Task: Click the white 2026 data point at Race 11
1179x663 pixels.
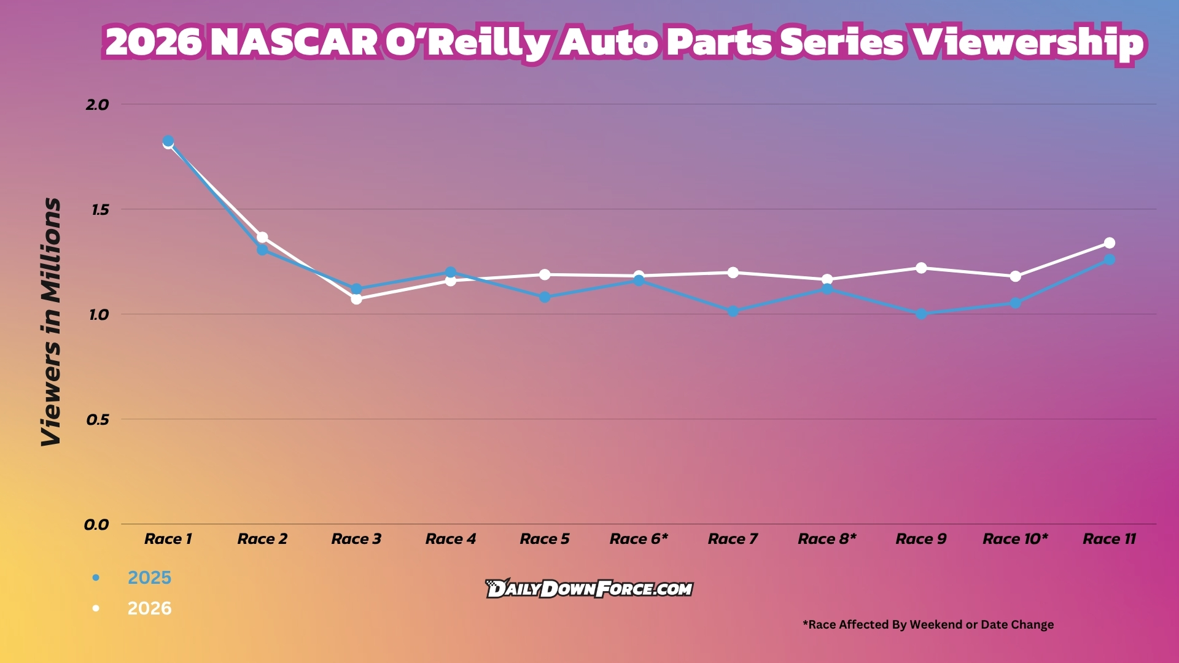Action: (x=1109, y=243)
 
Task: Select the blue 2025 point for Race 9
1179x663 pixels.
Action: (x=921, y=314)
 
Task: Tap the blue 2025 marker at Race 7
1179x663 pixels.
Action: (x=733, y=311)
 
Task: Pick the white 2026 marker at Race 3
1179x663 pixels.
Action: (x=356, y=299)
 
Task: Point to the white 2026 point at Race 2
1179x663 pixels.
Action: (x=262, y=237)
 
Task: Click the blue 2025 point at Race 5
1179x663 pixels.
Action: (x=545, y=297)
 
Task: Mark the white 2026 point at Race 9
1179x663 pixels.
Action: (x=921, y=268)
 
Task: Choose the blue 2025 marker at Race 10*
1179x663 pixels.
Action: (x=1015, y=303)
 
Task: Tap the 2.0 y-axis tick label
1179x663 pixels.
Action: (x=97, y=105)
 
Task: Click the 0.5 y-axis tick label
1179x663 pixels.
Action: (x=98, y=420)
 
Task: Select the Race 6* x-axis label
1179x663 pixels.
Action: (x=639, y=539)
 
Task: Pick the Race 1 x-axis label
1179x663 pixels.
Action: (x=168, y=539)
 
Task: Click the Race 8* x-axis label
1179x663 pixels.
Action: (x=827, y=539)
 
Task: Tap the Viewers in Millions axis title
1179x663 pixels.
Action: (x=52, y=322)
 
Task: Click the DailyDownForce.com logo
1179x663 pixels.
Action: (x=589, y=589)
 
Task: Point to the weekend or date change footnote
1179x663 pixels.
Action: (x=928, y=625)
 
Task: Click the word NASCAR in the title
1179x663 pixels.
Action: (x=294, y=43)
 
